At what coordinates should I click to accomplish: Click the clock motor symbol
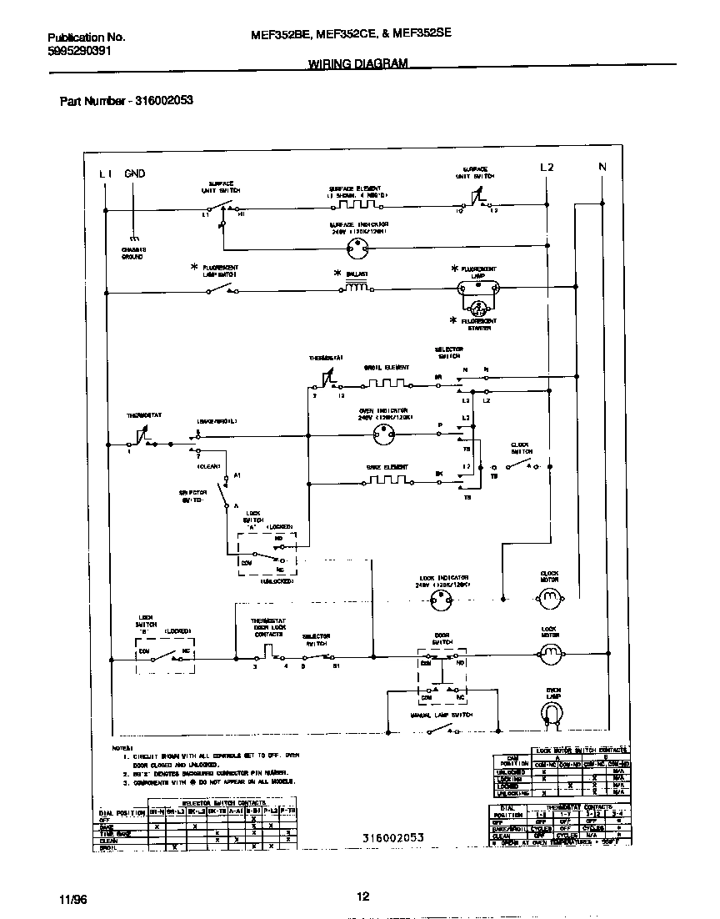(x=549, y=597)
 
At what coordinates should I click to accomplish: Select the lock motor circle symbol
(x=549, y=656)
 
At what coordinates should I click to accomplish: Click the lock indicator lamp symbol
(x=445, y=597)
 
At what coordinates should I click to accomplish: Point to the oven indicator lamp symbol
(x=384, y=432)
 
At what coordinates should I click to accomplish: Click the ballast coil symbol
(x=356, y=289)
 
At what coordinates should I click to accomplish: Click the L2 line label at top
(x=547, y=167)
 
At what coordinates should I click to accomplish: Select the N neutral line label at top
(x=602, y=167)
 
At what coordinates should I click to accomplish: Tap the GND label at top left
(x=134, y=173)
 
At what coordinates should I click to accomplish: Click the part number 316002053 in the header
(x=162, y=100)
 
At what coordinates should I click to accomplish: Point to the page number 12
(x=362, y=896)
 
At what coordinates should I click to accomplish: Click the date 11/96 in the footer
(x=72, y=899)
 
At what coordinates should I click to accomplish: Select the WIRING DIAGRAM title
(x=358, y=64)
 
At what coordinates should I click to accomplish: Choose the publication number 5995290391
(x=79, y=50)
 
